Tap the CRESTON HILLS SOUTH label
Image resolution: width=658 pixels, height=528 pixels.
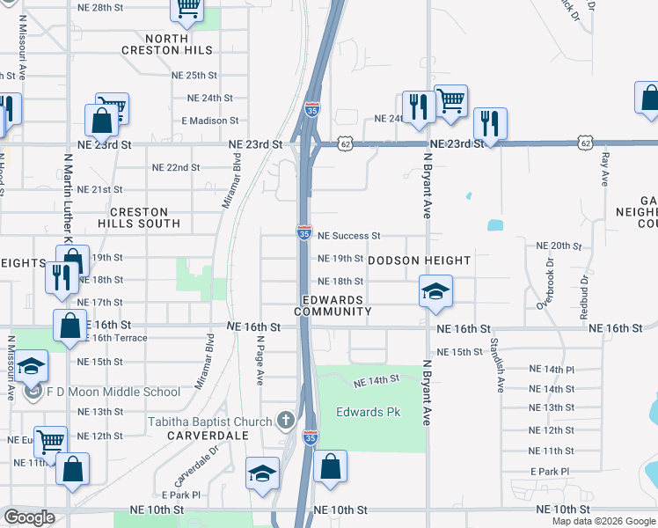pos(145,217)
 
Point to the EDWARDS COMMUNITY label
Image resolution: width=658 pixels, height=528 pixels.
pos(333,305)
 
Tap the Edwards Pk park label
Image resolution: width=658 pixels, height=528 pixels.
pos(361,412)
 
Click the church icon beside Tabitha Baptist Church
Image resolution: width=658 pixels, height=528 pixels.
pos(285,421)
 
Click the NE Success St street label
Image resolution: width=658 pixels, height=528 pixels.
pos(348,236)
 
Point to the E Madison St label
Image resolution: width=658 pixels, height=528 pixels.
pos(210,120)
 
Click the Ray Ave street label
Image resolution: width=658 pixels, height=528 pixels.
pos(604,172)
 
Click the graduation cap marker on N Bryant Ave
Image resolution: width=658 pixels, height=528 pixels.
pos(435,291)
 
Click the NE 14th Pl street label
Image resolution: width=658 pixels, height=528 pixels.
pos(552,370)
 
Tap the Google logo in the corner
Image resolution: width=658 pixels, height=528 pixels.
pos(28,517)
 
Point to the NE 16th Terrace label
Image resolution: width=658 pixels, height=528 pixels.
pos(117,338)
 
